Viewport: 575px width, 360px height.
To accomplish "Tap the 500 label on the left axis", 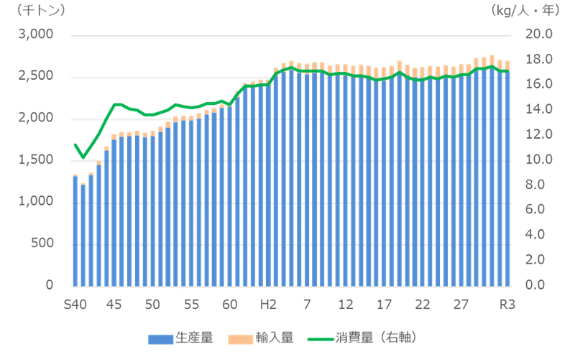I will [x=45, y=243].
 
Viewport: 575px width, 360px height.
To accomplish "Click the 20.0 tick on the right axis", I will [x=538, y=34].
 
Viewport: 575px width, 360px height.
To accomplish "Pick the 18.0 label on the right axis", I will [x=538, y=59].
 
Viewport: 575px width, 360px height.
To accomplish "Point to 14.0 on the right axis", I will [x=538, y=109].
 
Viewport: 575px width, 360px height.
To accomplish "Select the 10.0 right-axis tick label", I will [x=538, y=159].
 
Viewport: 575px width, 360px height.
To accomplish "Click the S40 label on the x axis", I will [x=75, y=304].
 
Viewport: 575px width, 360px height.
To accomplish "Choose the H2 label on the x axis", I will [x=268, y=304].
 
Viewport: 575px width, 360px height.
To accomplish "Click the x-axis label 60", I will [x=230, y=304].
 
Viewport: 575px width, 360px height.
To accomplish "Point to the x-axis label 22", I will [x=423, y=304].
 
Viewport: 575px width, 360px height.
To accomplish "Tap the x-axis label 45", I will [x=114, y=304].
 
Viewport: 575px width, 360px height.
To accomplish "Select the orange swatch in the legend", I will [x=239, y=337].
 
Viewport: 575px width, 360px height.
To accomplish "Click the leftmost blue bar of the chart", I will [x=75, y=230].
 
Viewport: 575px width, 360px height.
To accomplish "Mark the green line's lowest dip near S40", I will [x=83, y=157].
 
